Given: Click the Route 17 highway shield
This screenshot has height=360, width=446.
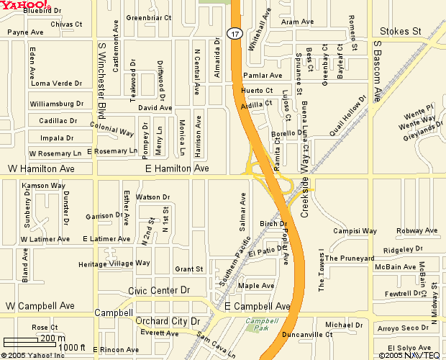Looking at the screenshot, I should [x=235, y=33].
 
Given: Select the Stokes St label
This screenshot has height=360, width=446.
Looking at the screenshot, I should [x=400, y=31].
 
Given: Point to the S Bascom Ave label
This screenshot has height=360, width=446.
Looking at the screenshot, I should [x=377, y=70].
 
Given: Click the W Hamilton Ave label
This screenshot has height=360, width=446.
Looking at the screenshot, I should [x=41, y=168].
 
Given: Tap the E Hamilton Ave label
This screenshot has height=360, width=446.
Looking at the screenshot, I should [x=177, y=168].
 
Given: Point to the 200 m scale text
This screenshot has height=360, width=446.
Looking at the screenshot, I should [x=51, y=338].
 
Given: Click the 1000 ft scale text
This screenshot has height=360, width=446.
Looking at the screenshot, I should [x=73, y=348].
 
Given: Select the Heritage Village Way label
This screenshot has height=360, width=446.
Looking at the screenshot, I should [x=114, y=264].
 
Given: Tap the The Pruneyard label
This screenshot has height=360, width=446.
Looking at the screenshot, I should [x=350, y=258].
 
